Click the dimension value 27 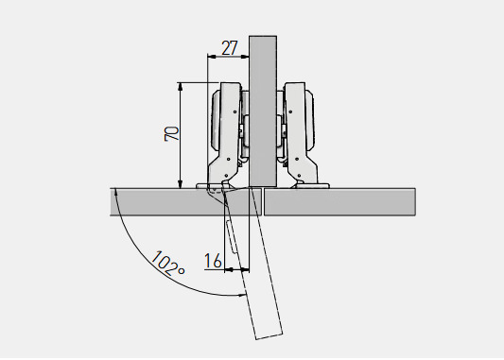click(x=230, y=47)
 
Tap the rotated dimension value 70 click(x=172, y=133)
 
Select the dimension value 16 click(x=213, y=261)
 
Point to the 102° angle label click(x=167, y=264)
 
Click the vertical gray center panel click(x=263, y=111)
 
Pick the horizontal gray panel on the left click(x=180, y=201)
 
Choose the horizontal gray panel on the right click(x=339, y=201)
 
